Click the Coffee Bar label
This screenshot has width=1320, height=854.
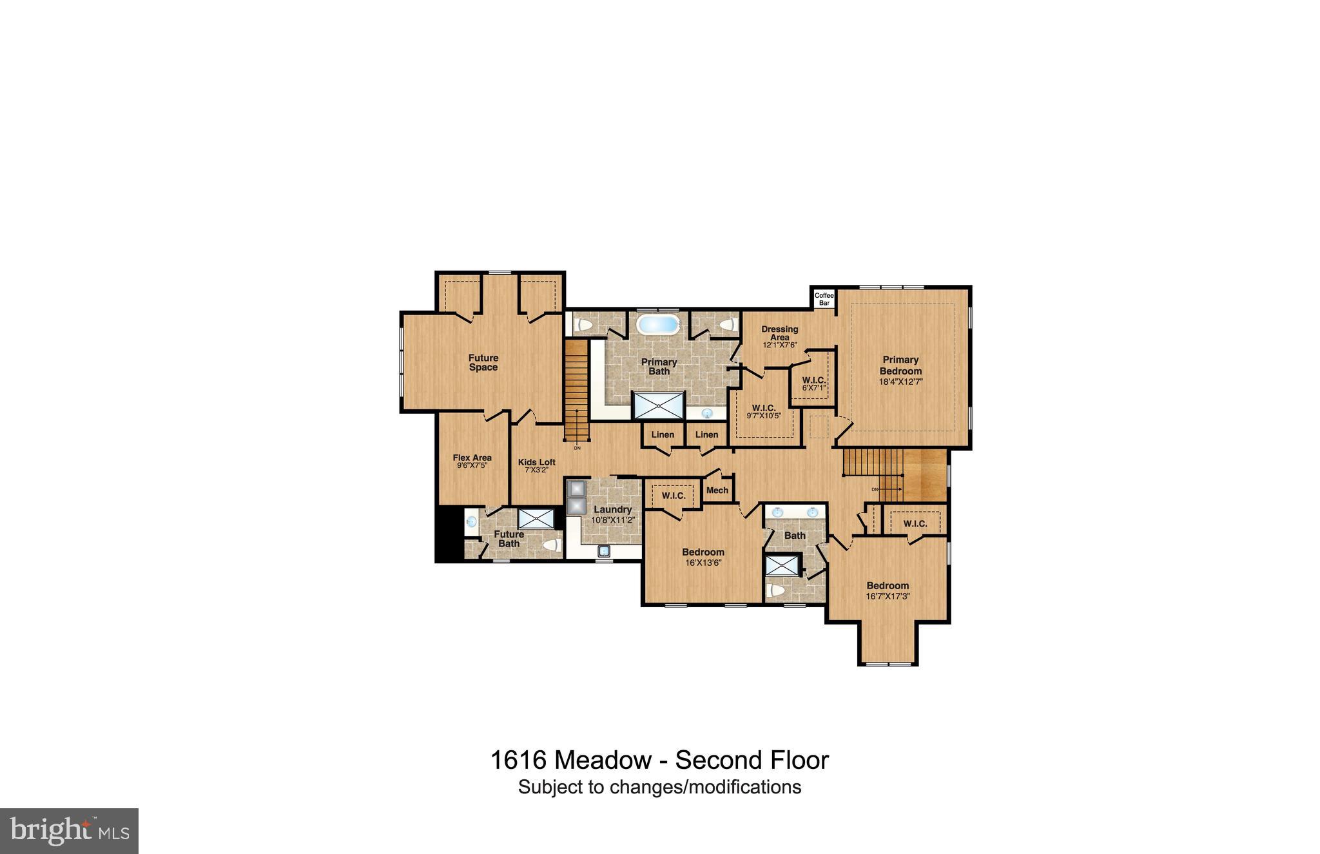824,299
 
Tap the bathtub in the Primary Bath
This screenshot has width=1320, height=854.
657,324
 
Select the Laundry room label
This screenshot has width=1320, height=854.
612,509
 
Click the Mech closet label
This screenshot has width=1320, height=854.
717,490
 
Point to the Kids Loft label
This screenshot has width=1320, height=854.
536,462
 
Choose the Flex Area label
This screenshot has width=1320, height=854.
472,458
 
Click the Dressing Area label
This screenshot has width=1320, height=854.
779,333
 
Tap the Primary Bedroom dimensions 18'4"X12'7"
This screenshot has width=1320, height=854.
900,382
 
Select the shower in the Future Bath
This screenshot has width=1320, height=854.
536,518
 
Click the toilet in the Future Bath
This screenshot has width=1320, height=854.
551,545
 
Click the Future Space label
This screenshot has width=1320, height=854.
483,362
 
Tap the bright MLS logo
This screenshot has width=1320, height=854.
70,831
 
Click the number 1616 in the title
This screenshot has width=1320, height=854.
518,761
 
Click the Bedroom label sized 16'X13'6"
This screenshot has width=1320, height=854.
703,552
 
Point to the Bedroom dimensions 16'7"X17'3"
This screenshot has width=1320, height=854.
888,596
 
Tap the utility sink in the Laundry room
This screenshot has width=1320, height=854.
604,550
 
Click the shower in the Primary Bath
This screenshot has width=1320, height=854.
659,405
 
